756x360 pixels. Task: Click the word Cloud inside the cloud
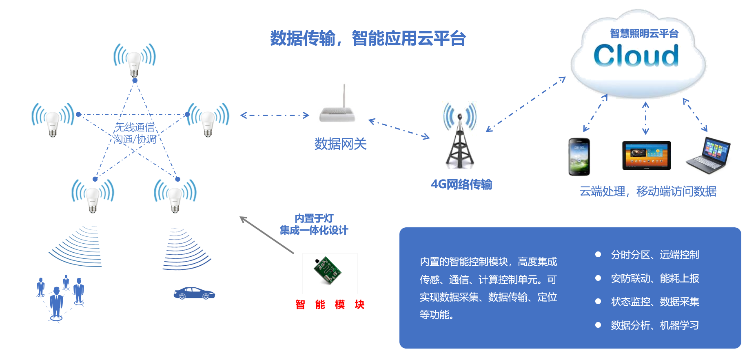click(x=636, y=56)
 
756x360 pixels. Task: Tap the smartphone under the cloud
click(x=579, y=157)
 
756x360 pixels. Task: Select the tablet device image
click(x=646, y=155)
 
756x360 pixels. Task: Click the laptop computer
click(x=709, y=156)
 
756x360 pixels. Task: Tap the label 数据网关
click(x=340, y=144)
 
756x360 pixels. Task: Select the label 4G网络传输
click(x=461, y=184)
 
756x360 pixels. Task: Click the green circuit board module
click(x=327, y=271)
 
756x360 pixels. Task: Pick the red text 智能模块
click(x=330, y=304)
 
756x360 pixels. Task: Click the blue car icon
click(x=194, y=293)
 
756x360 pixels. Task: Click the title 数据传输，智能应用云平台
click(x=368, y=39)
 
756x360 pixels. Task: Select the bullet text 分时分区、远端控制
click(x=654, y=255)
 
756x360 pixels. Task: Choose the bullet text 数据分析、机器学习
click(x=654, y=325)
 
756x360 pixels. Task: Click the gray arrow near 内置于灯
click(x=267, y=235)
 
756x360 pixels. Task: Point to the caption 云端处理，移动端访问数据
click(x=648, y=191)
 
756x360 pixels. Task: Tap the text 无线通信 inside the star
click(x=135, y=127)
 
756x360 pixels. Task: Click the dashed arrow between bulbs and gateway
click(x=275, y=116)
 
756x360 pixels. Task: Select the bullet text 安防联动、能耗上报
click(x=654, y=278)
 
